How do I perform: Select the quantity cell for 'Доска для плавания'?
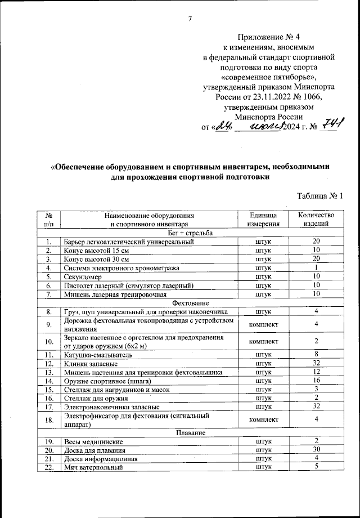(317, 450)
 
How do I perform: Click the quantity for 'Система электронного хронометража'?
(317, 267)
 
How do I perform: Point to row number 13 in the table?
(49, 372)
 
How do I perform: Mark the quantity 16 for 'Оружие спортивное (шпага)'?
(317, 381)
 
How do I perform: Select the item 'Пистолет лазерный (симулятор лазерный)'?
(129, 285)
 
